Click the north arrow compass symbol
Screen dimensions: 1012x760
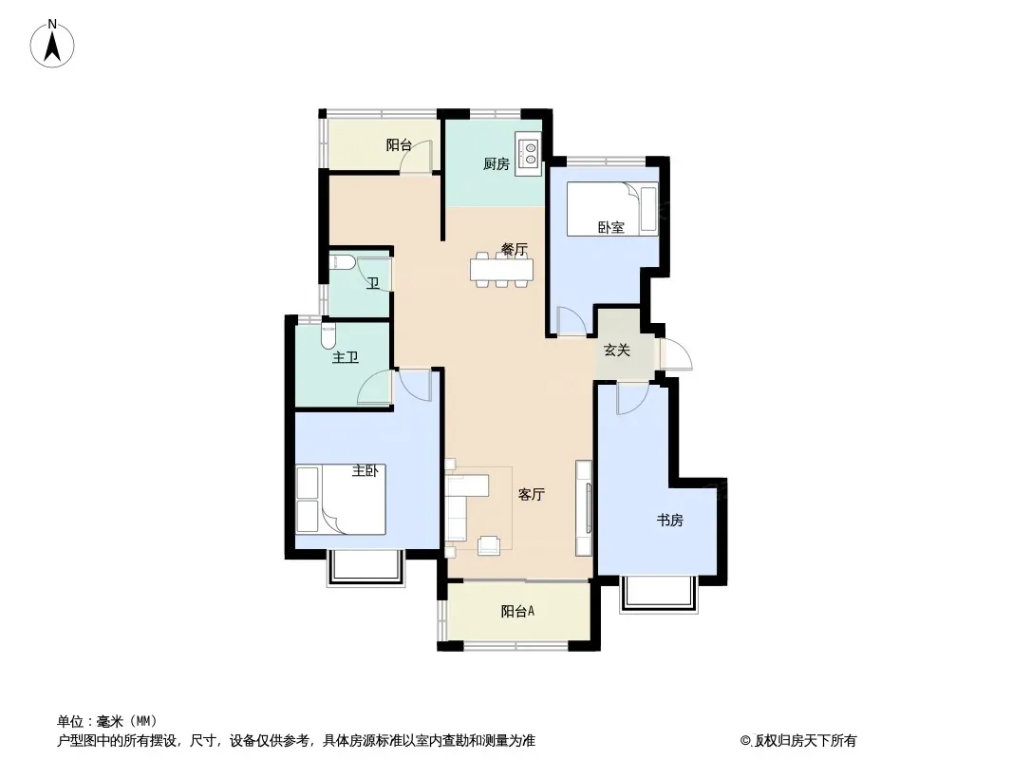(52, 44)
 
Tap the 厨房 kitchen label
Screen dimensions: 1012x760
(497, 164)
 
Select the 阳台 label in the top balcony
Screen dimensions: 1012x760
(399, 144)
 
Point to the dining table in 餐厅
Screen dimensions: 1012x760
(502, 269)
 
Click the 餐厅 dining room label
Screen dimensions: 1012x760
(515, 249)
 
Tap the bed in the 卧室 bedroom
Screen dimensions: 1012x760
(611, 209)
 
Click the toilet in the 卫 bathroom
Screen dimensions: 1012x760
(342, 262)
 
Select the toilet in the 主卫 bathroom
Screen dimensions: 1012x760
(328, 333)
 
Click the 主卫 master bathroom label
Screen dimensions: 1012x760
(346, 357)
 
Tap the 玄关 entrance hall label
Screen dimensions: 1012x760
(616, 350)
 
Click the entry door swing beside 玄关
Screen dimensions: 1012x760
(675, 353)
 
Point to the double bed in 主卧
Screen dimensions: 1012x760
(341, 499)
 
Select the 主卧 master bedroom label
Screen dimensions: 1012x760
(365, 470)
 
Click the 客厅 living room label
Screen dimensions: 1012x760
(532, 495)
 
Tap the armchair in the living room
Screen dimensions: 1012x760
(489, 545)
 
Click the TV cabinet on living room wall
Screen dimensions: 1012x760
(584, 508)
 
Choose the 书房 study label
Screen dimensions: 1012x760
(670, 520)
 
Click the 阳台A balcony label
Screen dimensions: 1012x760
(517, 611)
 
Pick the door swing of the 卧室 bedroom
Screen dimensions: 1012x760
(572, 321)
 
